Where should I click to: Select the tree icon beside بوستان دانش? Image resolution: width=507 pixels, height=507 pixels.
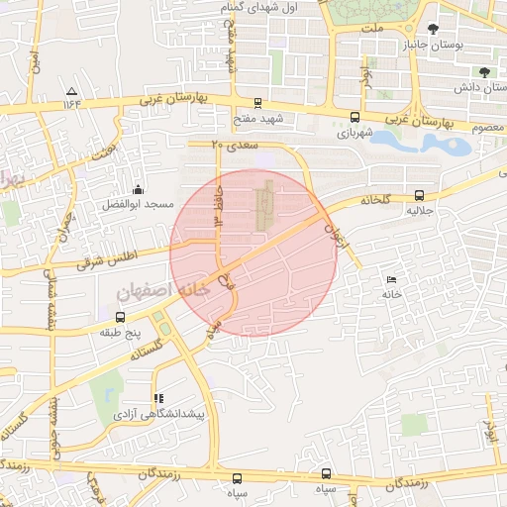[x=483, y=72]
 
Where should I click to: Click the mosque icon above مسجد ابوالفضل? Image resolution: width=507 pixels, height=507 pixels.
[x=137, y=189]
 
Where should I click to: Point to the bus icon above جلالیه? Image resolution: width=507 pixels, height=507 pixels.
[x=419, y=196]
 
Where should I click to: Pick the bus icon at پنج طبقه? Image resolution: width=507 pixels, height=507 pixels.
[x=120, y=318]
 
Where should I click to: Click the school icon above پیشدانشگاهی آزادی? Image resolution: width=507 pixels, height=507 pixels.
[x=156, y=398]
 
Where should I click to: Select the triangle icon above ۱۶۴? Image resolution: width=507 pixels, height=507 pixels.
[x=71, y=89]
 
